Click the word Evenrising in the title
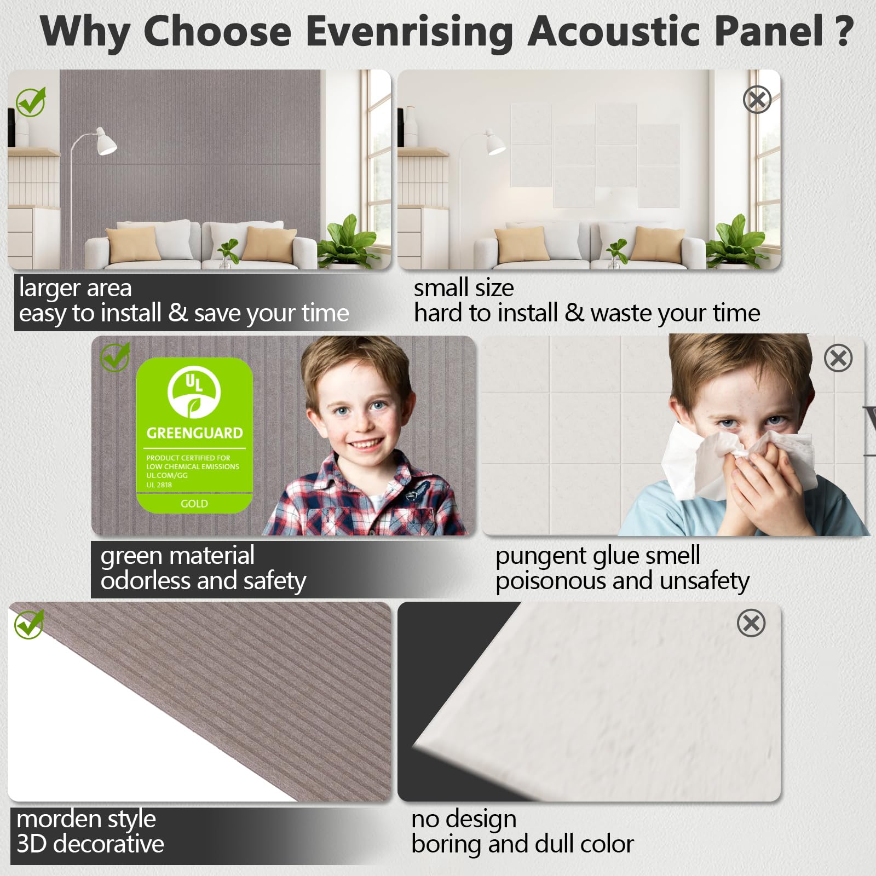pyautogui.click(x=409, y=32)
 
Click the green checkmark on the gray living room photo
pyautogui.click(x=31, y=102)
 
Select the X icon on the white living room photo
pyautogui.click(x=757, y=100)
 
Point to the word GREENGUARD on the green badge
pyautogui.click(x=194, y=433)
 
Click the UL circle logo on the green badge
pyautogui.click(x=194, y=392)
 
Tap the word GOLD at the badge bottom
pyautogui.click(x=194, y=504)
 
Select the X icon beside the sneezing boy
pyautogui.click(x=838, y=359)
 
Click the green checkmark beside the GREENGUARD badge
pyautogui.click(x=115, y=358)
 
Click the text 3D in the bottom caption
pyautogui.click(x=32, y=844)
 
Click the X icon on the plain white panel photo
pyautogui.click(x=751, y=623)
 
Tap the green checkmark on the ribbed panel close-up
pyautogui.click(x=29, y=625)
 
